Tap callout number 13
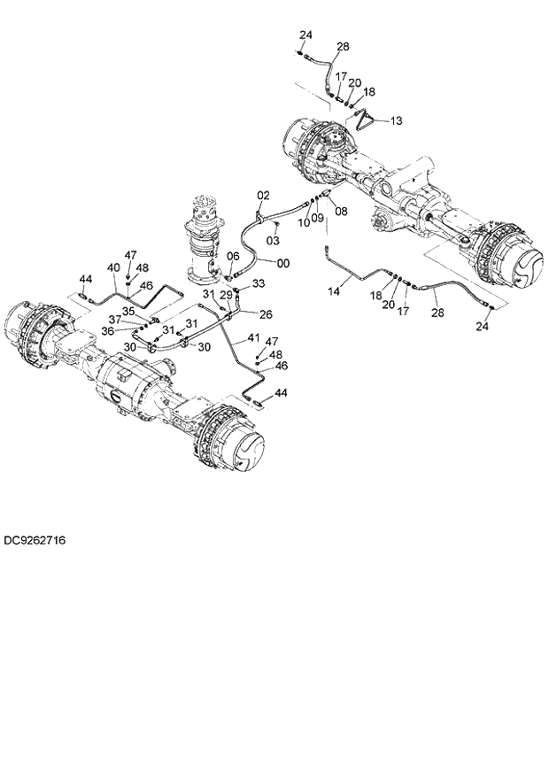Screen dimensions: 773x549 coord(396,120)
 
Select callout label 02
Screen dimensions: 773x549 coord(263,195)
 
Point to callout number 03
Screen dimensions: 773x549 coord(274,240)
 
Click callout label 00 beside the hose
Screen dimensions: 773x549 coord(282,263)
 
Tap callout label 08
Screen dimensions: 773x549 coord(341,212)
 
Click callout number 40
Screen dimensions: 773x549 coord(113,267)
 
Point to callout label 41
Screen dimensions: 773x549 coord(253,338)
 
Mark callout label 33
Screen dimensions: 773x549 coord(259,283)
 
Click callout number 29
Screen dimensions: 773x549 coord(227,294)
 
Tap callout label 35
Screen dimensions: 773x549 coord(128,311)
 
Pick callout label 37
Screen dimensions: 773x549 coord(115,320)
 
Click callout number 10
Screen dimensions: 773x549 coord(303,223)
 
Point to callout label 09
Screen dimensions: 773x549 coord(317,218)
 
